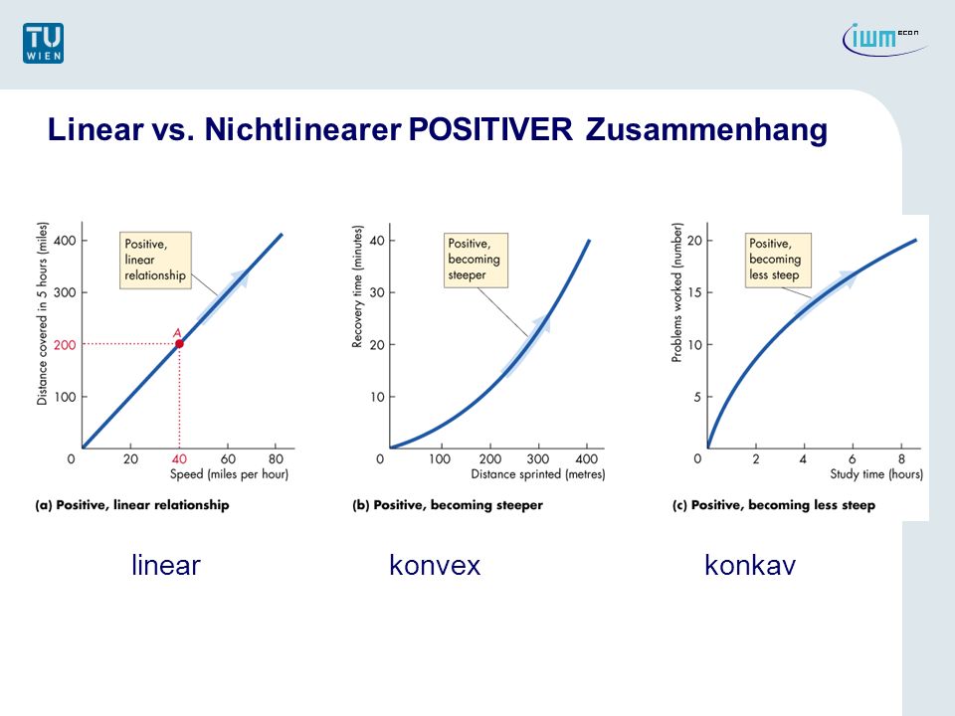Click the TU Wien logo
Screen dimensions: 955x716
(43, 43)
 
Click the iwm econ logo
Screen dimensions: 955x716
(885, 39)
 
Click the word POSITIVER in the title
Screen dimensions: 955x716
(490, 129)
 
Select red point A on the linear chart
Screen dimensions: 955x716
(179, 344)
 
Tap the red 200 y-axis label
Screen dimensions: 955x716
(65, 345)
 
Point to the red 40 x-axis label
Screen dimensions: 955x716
(179, 459)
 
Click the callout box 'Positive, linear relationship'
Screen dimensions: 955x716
(155, 260)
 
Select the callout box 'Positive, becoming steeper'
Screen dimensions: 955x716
(476, 260)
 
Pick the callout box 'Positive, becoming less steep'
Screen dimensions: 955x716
(778, 260)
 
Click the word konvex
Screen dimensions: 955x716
(435, 566)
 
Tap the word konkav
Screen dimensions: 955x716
(750, 566)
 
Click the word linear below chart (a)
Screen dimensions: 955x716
(166, 566)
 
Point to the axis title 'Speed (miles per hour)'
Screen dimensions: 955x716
(229, 474)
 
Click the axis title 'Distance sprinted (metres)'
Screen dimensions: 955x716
(538, 474)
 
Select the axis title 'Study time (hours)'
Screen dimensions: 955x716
(876, 474)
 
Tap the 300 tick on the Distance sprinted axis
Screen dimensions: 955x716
(538, 459)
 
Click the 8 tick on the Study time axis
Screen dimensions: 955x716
(901, 459)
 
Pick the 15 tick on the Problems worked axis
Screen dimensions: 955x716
(695, 292)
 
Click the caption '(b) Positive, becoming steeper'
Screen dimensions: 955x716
(448, 505)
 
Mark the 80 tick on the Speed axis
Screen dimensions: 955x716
(276, 459)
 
